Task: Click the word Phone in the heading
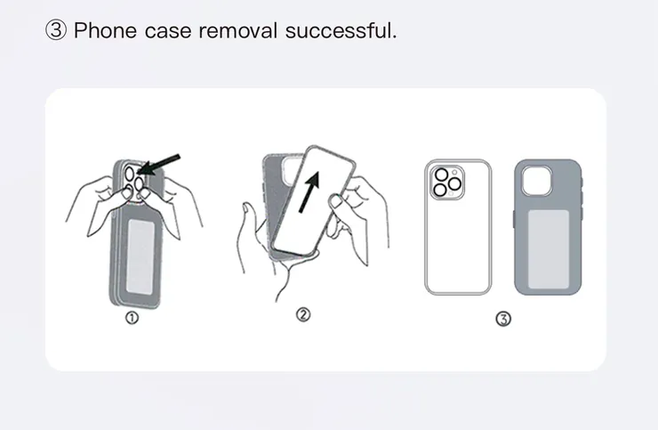pyautogui.click(x=105, y=30)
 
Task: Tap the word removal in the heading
pyautogui.click(x=238, y=30)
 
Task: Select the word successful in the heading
pyautogui.click(x=341, y=30)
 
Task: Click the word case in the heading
pyautogui.click(x=168, y=31)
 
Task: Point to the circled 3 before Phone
pyautogui.click(x=55, y=30)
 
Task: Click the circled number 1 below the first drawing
pyautogui.click(x=132, y=318)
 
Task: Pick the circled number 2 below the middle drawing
pyautogui.click(x=303, y=314)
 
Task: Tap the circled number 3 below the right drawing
pyautogui.click(x=503, y=319)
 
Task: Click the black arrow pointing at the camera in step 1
pyautogui.click(x=158, y=165)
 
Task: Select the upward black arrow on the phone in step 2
pyautogui.click(x=309, y=191)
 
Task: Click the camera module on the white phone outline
pyautogui.click(x=447, y=183)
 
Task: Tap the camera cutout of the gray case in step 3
pyautogui.click(x=537, y=181)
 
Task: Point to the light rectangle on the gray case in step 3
pyautogui.click(x=549, y=249)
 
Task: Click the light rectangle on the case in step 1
pyautogui.click(x=140, y=256)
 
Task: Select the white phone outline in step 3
pyautogui.click(x=458, y=227)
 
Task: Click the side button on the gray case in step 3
pyautogui.click(x=515, y=219)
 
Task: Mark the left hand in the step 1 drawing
pyautogui.click(x=99, y=204)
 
